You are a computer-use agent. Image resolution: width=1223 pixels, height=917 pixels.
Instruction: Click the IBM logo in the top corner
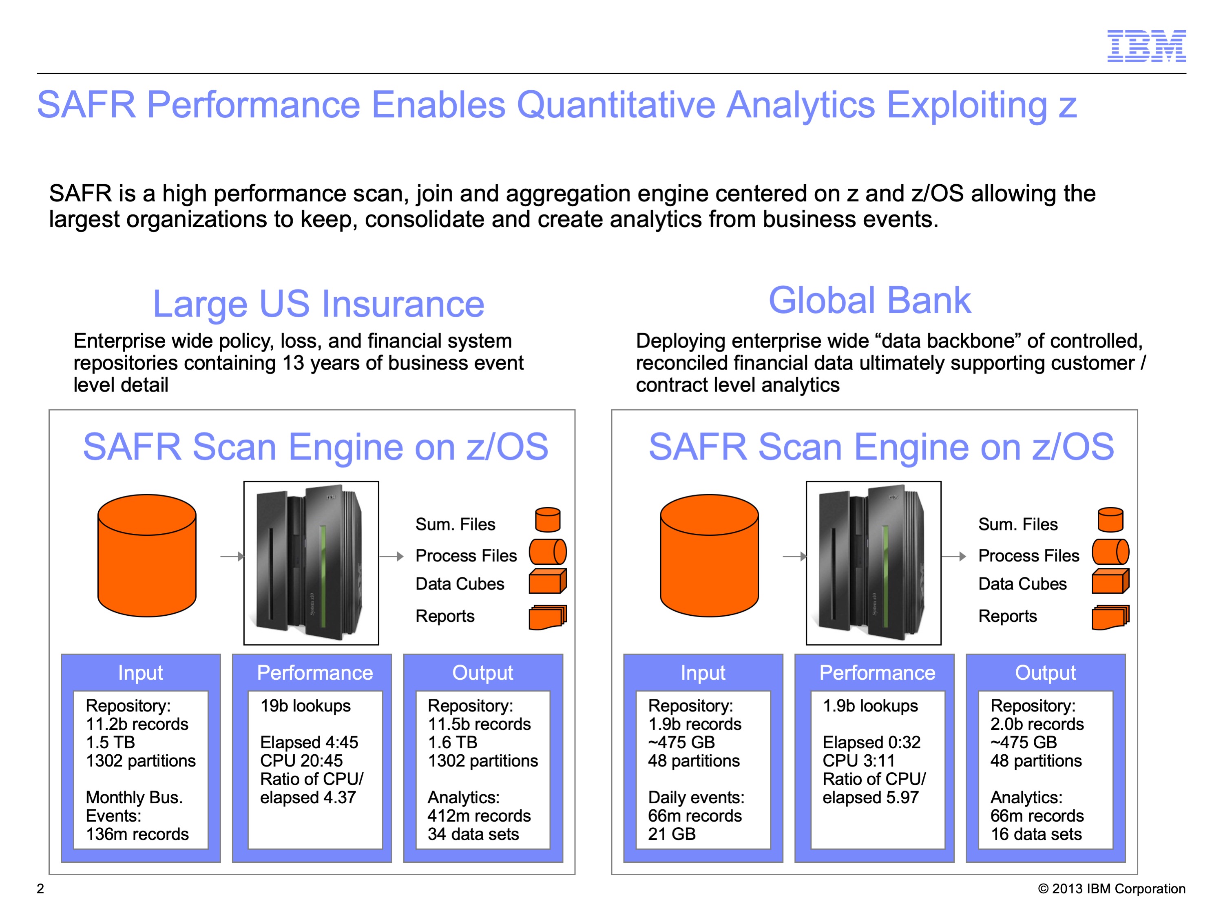click(x=1146, y=46)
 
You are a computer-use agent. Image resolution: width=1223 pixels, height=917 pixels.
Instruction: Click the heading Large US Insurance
click(x=318, y=304)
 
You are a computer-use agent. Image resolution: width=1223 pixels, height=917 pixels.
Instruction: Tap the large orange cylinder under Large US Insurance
click(x=147, y=555)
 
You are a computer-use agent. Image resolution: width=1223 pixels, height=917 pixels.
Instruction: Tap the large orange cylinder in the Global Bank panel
click(x=709, y=555)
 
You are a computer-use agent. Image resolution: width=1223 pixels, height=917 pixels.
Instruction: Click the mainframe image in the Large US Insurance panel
click(x=311, y=563)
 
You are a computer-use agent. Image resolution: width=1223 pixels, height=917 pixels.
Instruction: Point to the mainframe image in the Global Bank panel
click(x=874, y=563)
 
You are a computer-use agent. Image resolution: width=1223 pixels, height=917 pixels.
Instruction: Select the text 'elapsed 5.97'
click(x=870, y=798)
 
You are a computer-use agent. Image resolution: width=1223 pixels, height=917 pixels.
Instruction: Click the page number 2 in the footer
click(x=40, y=889)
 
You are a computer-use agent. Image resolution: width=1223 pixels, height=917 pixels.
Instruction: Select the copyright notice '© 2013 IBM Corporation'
click(x=1111, y=889)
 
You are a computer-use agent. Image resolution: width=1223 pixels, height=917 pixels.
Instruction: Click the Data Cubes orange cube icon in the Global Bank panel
click(x=1110, y=581)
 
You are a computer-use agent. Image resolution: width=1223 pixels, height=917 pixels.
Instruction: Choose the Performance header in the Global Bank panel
click(x=877, y=673)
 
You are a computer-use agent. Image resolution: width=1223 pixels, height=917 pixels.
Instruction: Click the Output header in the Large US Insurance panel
click(x=483, y=673)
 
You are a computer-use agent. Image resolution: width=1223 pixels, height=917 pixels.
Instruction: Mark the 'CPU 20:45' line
click(x=301, y=760)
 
